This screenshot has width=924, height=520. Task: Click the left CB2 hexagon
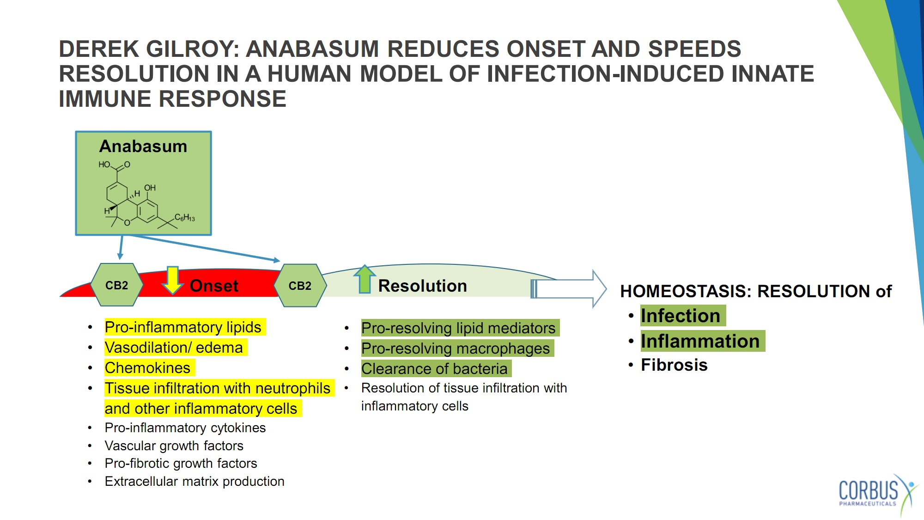tap(116, 285)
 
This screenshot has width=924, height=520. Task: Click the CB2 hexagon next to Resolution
tap(300, 286)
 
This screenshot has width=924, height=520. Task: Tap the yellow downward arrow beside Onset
tap(173, 280)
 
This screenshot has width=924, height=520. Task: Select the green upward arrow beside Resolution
tap(365, 279)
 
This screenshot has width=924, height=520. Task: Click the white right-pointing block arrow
tap(569, 289)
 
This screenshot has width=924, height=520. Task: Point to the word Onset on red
tap(214, 286)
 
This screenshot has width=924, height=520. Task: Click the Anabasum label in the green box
tap(143, 146)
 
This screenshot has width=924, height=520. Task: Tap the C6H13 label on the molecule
tap(185, 217)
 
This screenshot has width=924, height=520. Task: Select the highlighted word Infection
tap(681, 316)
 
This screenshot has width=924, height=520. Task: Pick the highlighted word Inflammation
tap(700, 341)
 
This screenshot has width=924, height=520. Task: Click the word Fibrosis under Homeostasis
tap(674, 365)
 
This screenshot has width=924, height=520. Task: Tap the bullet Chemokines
tap(147, 368)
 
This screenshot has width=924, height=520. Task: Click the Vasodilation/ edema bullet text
tap(174, 348)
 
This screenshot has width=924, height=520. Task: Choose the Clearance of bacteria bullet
tap(434, 369)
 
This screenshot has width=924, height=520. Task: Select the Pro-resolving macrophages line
tap(456, 349)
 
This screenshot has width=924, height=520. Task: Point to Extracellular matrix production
tap(195, 481)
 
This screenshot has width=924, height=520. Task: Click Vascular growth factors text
tap(174, 446)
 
